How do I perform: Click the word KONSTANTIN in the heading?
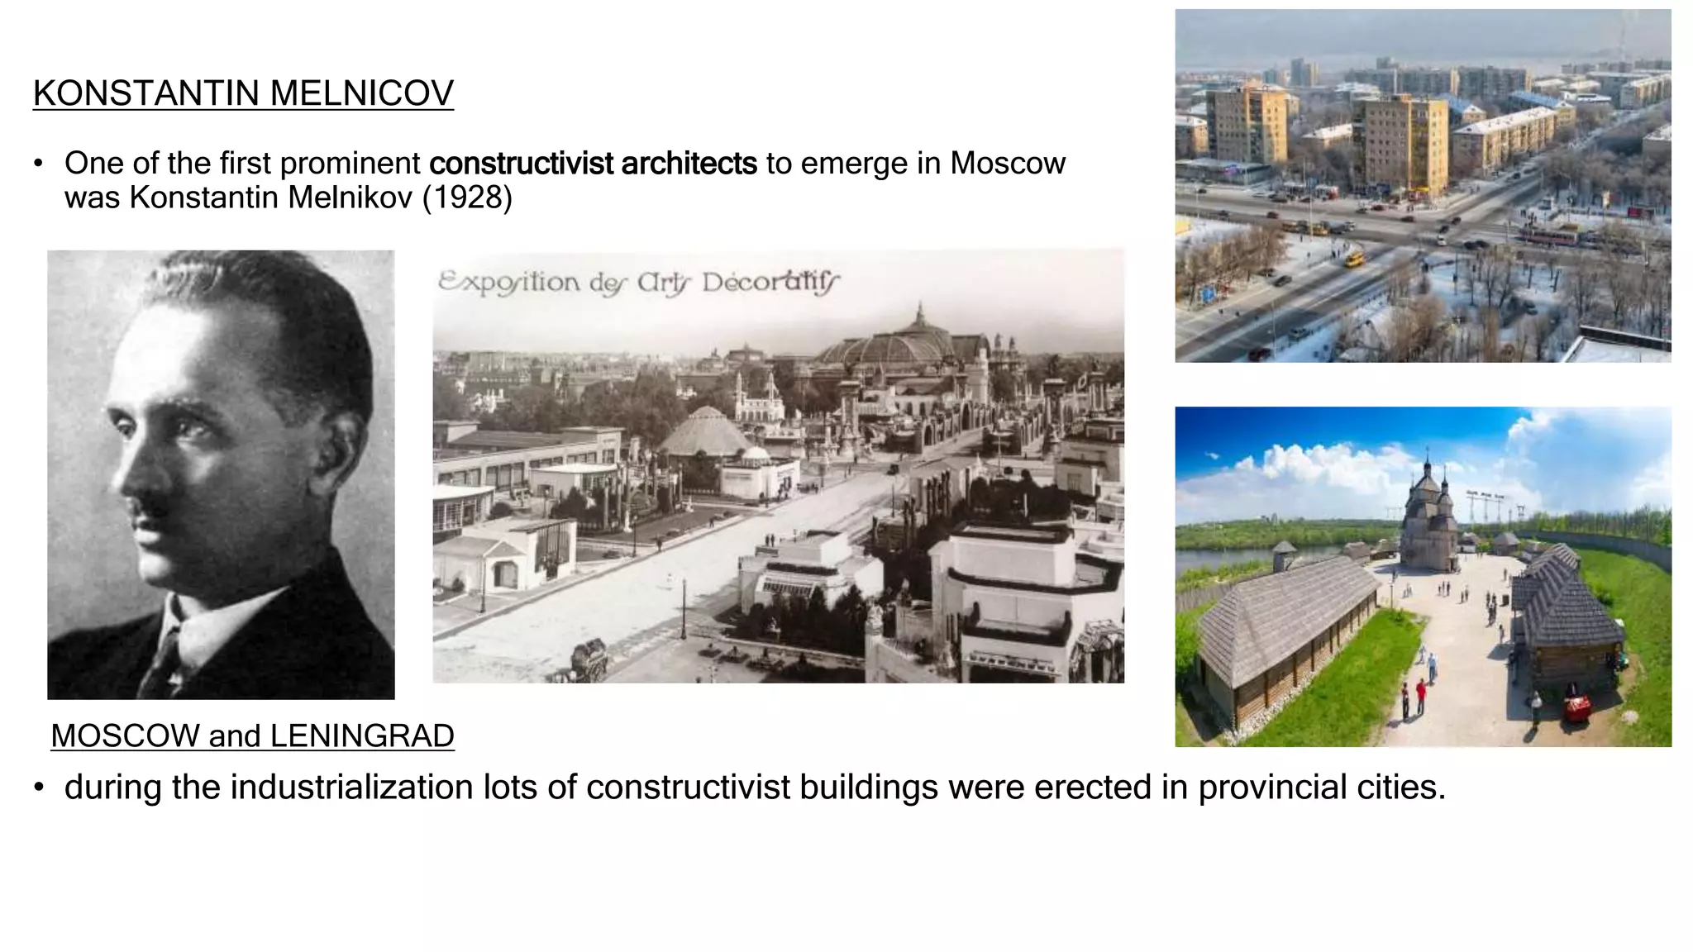(146, 93)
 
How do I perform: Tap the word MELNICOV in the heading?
(361, 93)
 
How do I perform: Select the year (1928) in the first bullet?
(467, 198)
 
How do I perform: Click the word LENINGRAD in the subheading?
(362, 735)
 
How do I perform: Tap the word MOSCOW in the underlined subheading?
(125, 735)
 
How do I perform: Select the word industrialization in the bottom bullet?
(351, 787)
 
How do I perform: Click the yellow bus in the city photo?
(1354, 260)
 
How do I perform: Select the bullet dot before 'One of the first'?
(38, 164)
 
